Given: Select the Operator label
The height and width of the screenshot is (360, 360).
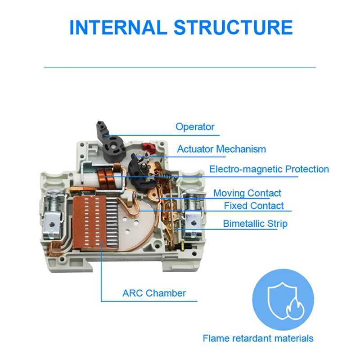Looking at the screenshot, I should pyautogui.click(x=195, y=127).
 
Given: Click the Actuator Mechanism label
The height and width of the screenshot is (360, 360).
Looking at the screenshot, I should pyautogui.click(x=221, y=149).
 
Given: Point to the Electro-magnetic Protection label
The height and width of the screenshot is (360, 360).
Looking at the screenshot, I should pyautogui.click(x=269, y=169).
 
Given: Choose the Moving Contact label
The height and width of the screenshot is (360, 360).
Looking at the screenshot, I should pyautogui.click(x=247, y=193).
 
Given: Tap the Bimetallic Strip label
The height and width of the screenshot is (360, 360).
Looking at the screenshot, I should pyautogui.click(x=255, y=224).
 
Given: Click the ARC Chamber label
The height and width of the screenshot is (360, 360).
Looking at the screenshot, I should pyautogui.click(x=154, y=293).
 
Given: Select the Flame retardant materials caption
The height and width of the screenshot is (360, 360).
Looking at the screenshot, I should pyautogui.click(x=258, y=338).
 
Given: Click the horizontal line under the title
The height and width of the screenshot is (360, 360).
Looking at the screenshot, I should pyautogui.click(x=180, y=67).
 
